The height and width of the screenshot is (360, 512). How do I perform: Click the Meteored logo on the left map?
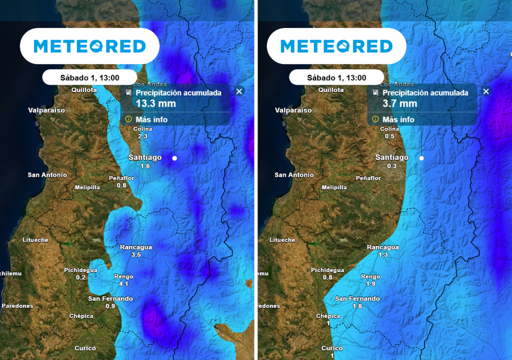(x=89, y=46)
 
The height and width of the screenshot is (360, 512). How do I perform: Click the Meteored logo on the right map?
(x=336, y=46)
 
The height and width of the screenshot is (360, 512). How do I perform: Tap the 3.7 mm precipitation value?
(x=399, y=103)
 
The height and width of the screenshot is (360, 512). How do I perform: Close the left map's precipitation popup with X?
(x=239, y=91)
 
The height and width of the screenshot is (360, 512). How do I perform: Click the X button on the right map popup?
(x=486, y=91)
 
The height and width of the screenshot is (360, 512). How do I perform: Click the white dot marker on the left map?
(x=174, y=158)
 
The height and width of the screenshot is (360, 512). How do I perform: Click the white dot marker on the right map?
(x=421, y=158)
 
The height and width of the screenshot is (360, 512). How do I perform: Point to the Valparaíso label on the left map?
(x=46, y=110)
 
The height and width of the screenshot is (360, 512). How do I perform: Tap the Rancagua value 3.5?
(x=136, y=254)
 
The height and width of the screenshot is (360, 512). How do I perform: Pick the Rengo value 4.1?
(x=123, y=283)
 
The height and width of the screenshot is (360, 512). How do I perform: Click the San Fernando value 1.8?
(x=357, y=306)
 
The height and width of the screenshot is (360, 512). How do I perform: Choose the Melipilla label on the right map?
(x=334, y=187)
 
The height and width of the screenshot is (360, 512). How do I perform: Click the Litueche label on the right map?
(x=282, y=240)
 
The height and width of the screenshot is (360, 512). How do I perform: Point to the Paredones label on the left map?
(x=17, y=305)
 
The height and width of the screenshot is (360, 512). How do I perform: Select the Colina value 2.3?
(x=142, y=136)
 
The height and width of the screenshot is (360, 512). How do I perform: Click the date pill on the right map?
(x=336, y=77)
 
